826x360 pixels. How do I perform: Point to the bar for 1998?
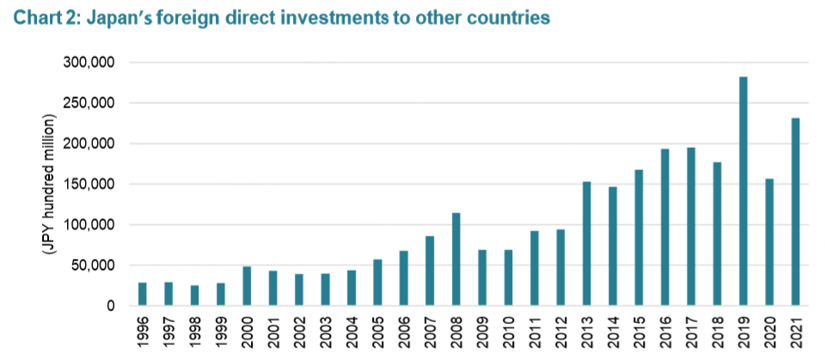coord(194,295)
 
